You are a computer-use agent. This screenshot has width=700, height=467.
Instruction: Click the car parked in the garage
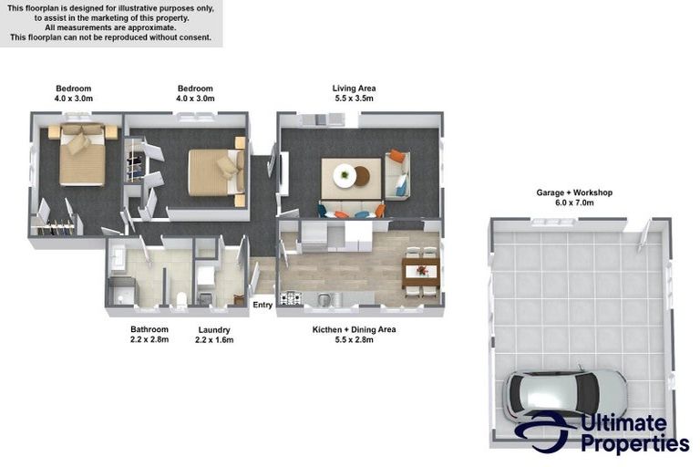click(565, 392)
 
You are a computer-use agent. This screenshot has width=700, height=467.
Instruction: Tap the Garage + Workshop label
click(574, 192)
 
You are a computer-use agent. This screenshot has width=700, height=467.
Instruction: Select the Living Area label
click(354, 88)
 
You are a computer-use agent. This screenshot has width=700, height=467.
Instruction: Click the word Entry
click(262, 305)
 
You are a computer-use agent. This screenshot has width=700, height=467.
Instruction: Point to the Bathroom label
click(149, 329)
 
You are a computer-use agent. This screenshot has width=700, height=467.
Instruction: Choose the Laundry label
click(214, 330)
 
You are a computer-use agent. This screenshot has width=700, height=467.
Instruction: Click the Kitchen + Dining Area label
click(354, 329)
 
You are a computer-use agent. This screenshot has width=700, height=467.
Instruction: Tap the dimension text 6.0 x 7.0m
click(574, 202)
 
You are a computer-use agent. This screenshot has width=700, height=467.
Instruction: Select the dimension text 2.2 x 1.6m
click(214, 339)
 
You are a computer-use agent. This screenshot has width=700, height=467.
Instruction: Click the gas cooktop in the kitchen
click(291, 297)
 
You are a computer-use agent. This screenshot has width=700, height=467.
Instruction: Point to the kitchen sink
click(324, 299)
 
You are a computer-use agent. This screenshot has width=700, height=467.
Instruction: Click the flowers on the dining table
click(421, 270)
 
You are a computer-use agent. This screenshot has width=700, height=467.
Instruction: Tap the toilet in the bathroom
click(181, 299)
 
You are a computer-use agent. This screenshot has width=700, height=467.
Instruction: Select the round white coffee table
click(345, 175)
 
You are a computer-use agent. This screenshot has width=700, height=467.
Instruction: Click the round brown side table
click(362, 176)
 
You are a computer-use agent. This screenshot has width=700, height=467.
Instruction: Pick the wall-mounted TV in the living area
click(283, 173)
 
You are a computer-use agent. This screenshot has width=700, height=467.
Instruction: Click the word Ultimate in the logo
click(623, 422)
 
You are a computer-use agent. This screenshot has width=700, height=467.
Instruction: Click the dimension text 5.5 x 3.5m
click(354, 99)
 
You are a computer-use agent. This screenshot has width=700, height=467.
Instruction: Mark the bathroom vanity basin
click(118, 258)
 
